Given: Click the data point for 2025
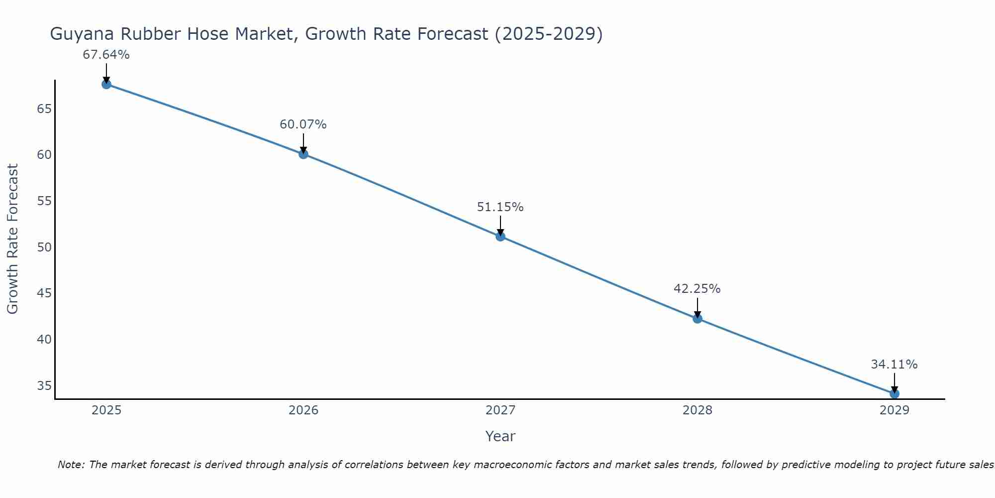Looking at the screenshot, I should click(106, 84).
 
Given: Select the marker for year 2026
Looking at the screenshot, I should click(303, 154).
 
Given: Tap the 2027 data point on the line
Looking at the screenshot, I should click(500, 236).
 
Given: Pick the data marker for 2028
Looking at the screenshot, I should click(697, 318).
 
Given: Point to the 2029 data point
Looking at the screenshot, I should click(895, 393).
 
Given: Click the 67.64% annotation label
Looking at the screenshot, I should click(106, 55).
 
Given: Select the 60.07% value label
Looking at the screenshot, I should click(303, 124).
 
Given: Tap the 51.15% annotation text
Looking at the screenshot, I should click(500, 207).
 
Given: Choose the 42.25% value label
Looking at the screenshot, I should click(697, 289).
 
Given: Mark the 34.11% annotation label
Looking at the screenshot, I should click(894, 365).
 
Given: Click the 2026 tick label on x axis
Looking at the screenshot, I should click(303, 410).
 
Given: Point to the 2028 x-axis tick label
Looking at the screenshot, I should click(697, 410).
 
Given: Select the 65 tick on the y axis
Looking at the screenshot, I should click(44, 109).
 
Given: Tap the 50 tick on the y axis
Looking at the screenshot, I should click(44, 247).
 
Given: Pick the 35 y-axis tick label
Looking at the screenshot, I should click(44, 385).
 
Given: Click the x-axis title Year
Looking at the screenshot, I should click(500, 436).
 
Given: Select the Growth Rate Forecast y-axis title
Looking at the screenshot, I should click(12, 239).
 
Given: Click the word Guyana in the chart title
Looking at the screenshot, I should click(81, 34).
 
